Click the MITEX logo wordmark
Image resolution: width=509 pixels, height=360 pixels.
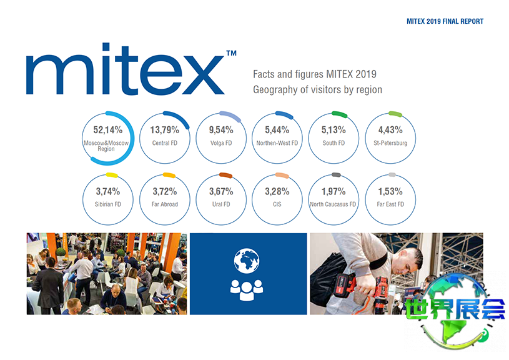(125, 74)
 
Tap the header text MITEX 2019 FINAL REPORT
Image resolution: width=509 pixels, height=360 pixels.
(445, 21)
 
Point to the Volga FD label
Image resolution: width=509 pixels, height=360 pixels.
(221, 143)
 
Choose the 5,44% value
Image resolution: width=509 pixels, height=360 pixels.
(277, 131)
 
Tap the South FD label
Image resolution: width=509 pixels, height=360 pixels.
(334, 143)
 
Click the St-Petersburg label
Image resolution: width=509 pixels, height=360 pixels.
(390, 143)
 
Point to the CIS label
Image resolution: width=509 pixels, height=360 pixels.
(277, 204)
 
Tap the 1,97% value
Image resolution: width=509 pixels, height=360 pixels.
(334, 191)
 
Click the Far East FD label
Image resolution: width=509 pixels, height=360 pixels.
(390, 204)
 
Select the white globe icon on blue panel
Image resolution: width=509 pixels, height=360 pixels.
(246, 259)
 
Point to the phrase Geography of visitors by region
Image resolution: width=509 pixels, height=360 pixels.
(317, 89)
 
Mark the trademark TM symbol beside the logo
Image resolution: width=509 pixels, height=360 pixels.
(230, 55)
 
